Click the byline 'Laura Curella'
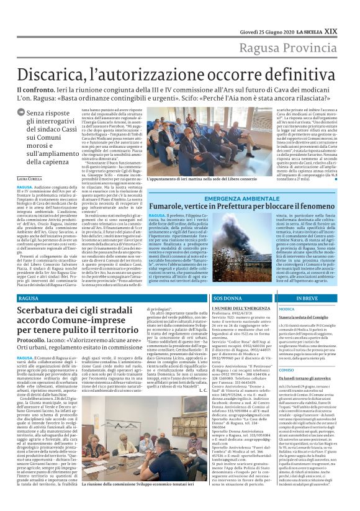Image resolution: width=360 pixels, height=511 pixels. point(30,178)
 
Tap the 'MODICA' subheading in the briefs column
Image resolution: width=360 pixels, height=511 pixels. point(287,309)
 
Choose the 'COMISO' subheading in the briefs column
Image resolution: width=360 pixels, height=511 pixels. point(287,370)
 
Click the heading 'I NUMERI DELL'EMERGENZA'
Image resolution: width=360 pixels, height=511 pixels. point(240,309)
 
